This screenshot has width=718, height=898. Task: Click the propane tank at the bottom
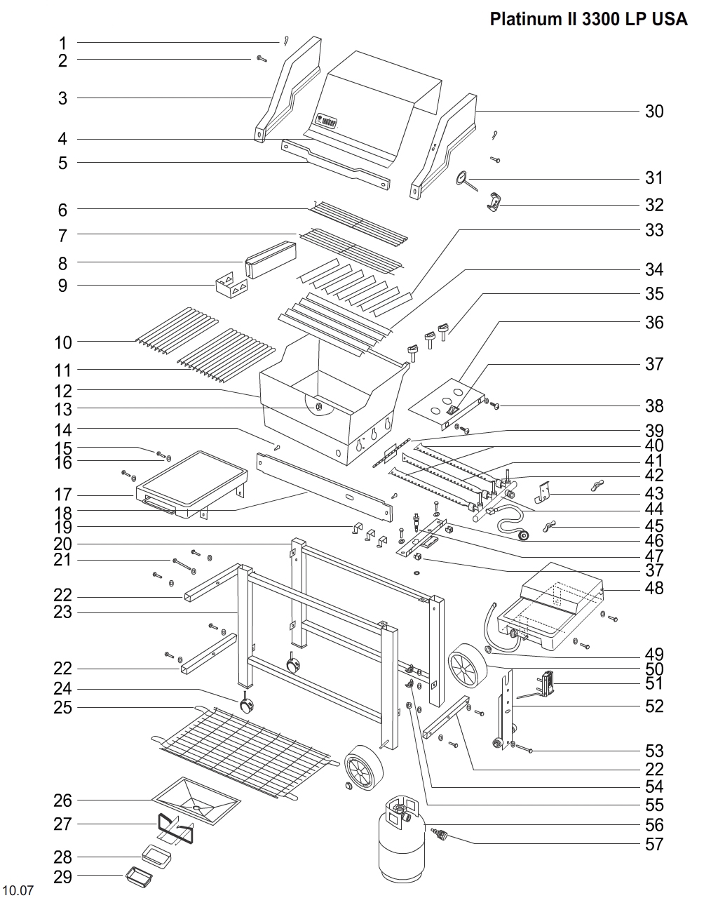[400, 849]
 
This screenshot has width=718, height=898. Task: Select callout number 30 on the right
[653, 112]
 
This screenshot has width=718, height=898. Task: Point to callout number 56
[653, 825]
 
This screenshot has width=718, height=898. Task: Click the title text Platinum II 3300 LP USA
[588, 19]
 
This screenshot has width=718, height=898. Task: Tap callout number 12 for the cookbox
[62, 391]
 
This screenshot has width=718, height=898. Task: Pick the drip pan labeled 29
[138, 876]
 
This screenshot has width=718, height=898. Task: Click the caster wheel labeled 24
[247, 705]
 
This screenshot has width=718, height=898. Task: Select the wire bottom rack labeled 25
[238, 751]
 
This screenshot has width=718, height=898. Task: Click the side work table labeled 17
[191, 484]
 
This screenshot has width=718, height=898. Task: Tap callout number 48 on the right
[653, 588]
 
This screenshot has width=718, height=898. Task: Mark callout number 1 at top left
[62, 43]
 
